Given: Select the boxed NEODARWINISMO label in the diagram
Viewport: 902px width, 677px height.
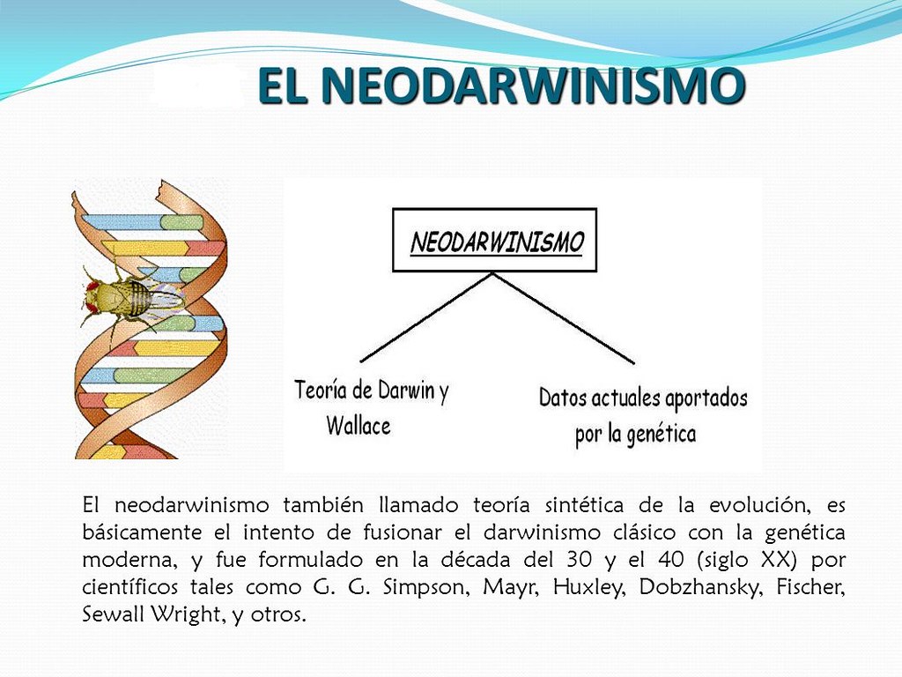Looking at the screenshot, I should pos(495,240).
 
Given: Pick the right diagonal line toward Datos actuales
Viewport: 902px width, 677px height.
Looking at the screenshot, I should pos(564,317).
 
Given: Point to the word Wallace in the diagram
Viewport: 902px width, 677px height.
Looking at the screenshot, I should pos(359,426).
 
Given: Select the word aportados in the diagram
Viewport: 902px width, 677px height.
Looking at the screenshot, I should pos(705,398).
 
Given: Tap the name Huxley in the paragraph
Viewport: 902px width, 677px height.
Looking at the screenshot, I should pos(586,589).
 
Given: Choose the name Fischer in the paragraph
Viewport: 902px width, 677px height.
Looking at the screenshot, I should pos(804,589).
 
